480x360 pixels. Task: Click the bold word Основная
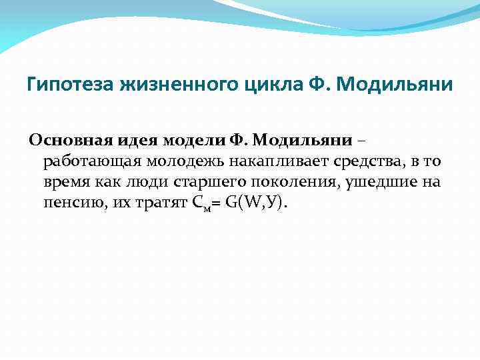click(66, 141)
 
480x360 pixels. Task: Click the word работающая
click(85, 161)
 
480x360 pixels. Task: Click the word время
click(64, 182)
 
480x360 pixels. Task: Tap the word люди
click(133, 182)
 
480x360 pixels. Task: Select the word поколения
click(275, 182)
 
